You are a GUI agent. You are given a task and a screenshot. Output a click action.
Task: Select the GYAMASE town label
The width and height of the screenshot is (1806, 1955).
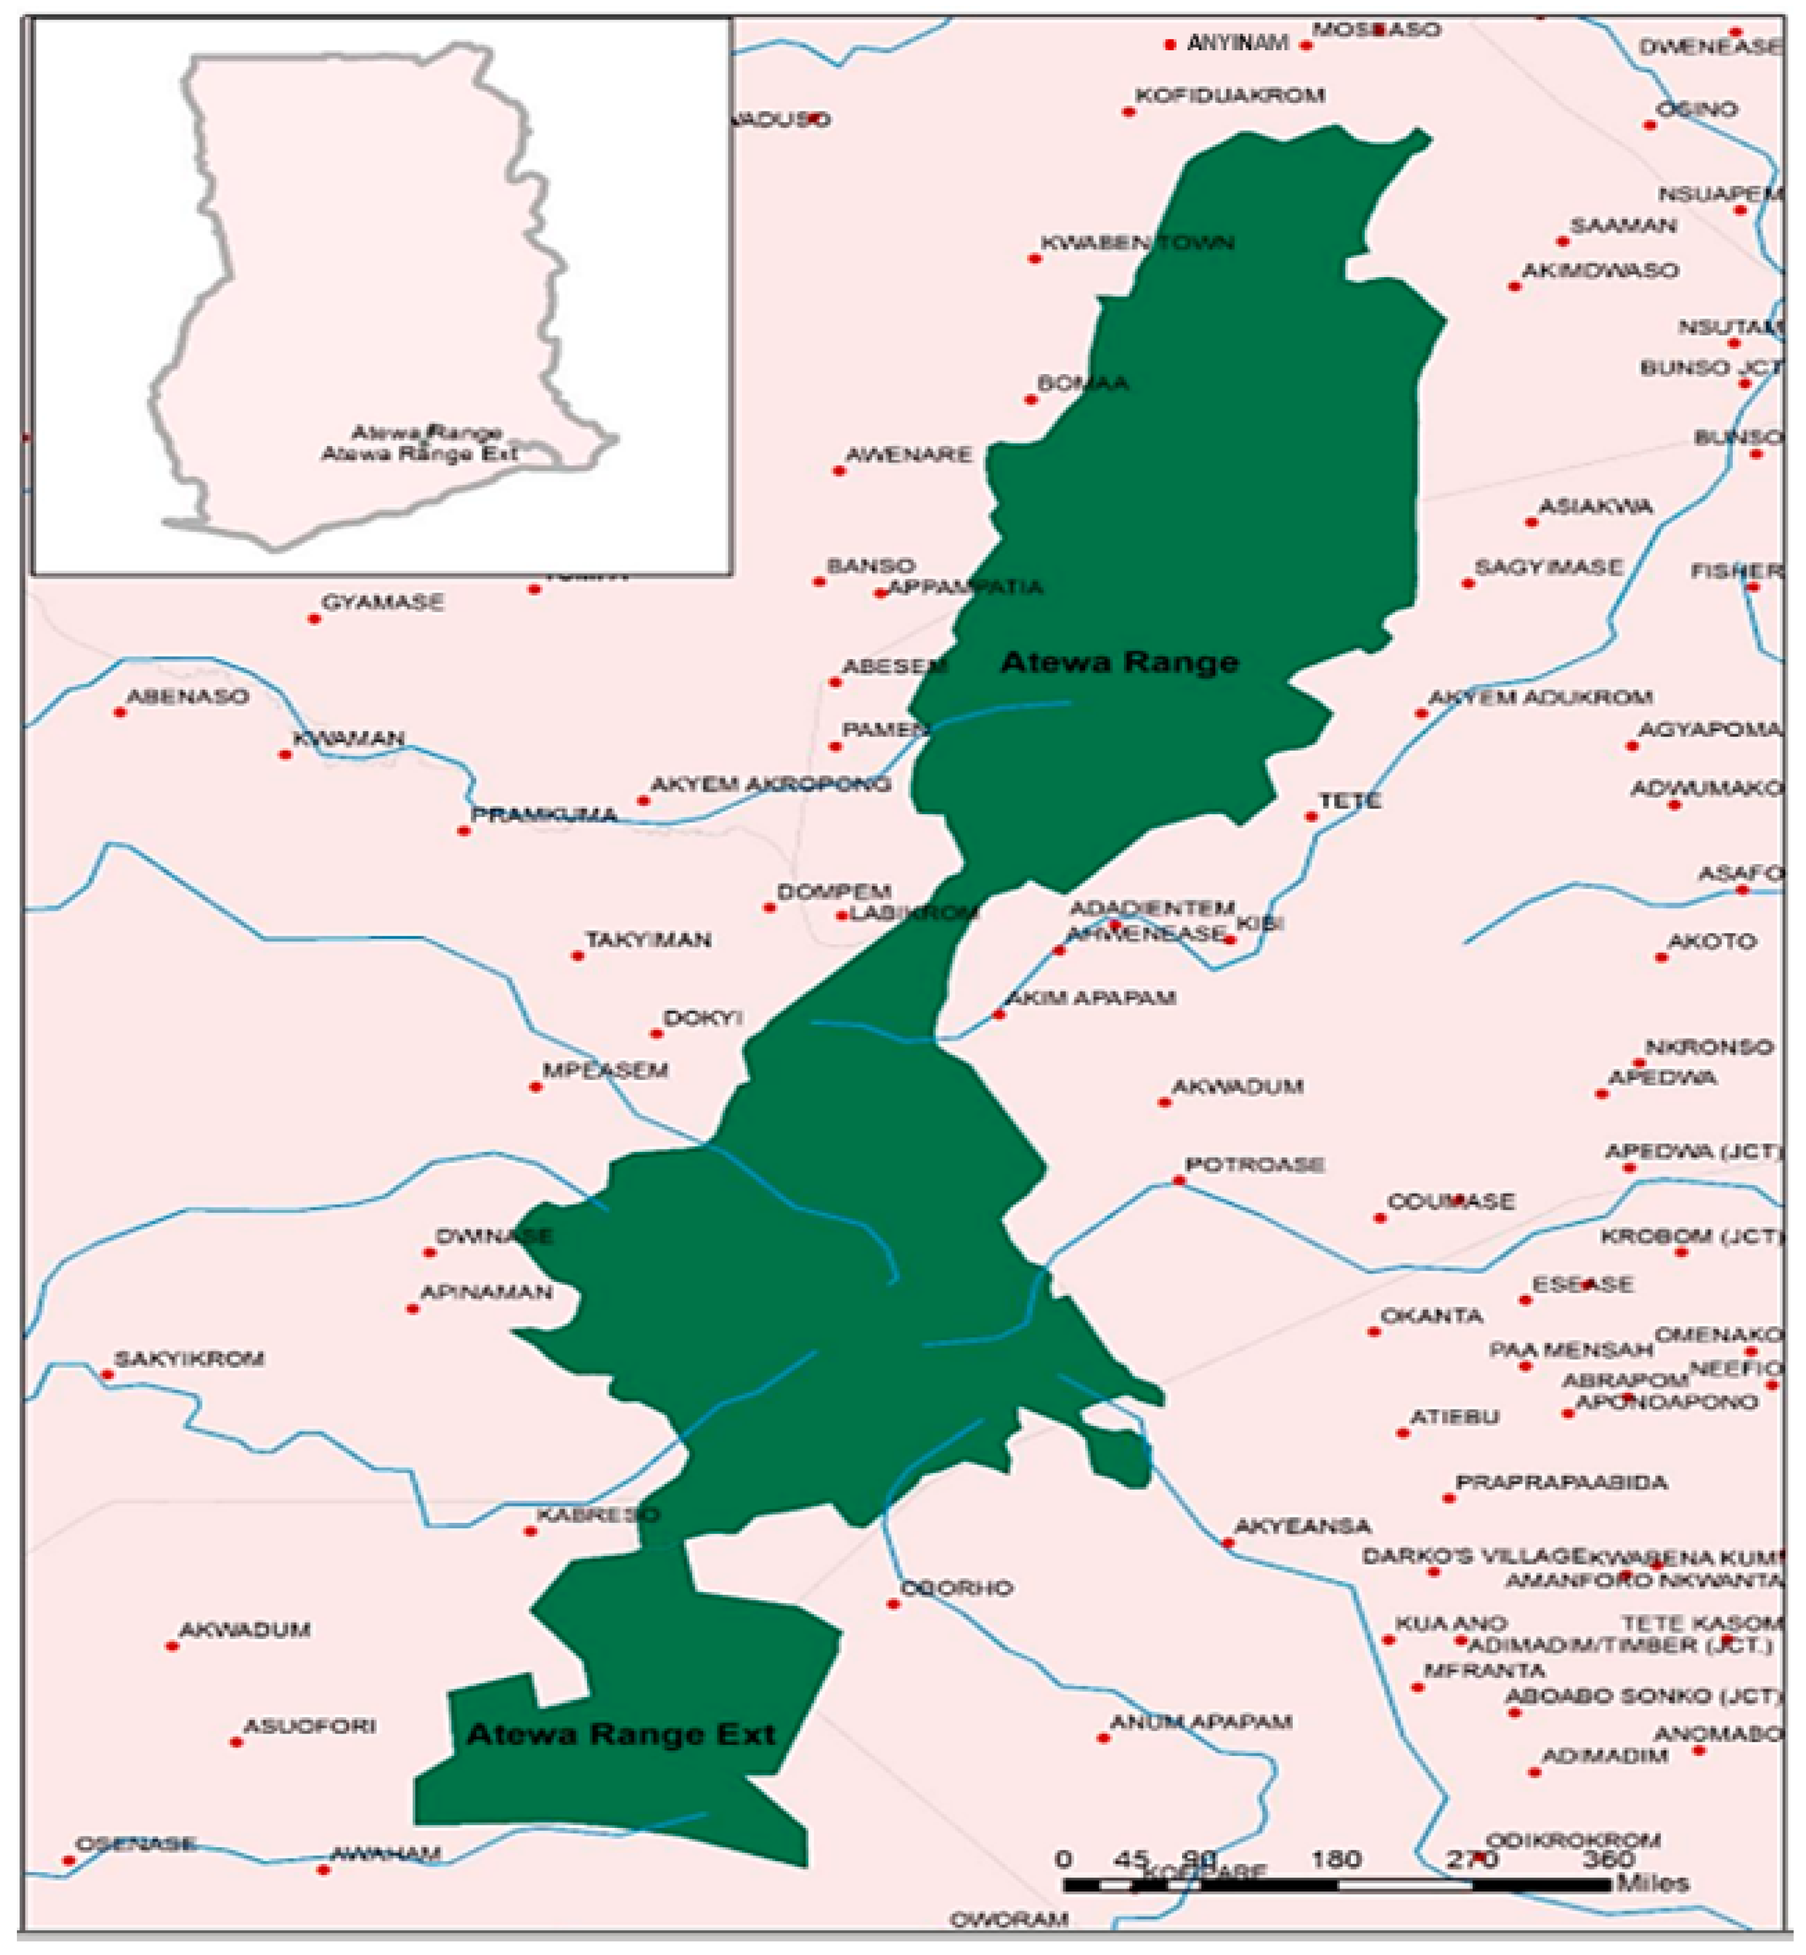point(382,602)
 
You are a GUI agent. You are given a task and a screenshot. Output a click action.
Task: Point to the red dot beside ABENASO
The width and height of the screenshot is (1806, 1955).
point(120,712)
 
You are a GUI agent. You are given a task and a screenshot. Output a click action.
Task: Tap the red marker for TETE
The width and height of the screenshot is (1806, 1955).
point(1312,816)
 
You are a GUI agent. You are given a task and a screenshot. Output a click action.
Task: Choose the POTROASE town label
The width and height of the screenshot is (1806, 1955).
point(1255,1164)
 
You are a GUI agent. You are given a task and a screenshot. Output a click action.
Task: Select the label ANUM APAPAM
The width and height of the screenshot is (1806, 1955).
point(1201,1721)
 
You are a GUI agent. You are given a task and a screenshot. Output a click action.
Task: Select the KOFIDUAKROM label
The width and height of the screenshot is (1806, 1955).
point(1229,95)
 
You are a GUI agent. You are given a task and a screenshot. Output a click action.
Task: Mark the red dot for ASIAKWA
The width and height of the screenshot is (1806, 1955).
point(1531,522)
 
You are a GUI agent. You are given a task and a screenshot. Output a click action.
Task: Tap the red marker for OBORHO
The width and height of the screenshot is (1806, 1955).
point(893,1604)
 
